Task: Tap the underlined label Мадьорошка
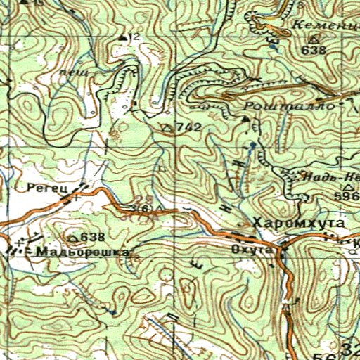[x=84, y=251]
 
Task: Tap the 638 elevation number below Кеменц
[x=313, y=51]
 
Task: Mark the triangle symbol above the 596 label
[x=349, y=188]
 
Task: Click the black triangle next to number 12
[x=124, y=37]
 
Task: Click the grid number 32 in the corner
[x=349, y=349]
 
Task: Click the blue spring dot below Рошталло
[x=252, y=144]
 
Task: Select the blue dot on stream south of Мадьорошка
[x=112, y=310]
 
